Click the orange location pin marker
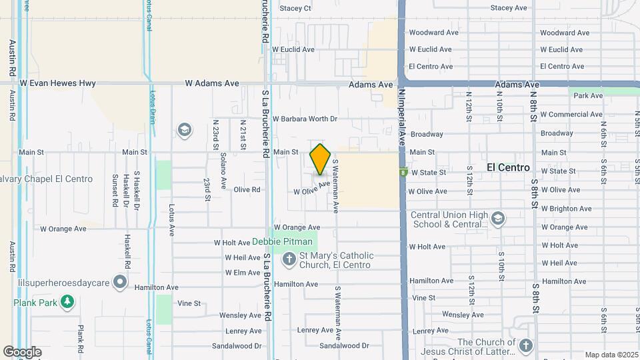[321, 159]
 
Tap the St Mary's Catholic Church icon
[289, 259]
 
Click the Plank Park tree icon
[67, 303]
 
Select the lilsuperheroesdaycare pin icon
[120, 283]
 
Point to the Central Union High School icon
[498, 219]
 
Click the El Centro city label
[508, 167]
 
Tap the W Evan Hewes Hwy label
[58, 83]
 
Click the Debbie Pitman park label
[282, 241]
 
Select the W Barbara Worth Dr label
[305, 119]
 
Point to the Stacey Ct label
[295, 9]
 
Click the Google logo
[22, 351]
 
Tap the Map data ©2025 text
[611, 355]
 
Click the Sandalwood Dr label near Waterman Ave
[344, 346]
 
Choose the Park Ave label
[588, 96]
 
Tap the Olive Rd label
[247, 189]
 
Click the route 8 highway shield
[403, 171]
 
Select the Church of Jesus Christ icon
[526, 345]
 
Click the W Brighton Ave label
[566, 209]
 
